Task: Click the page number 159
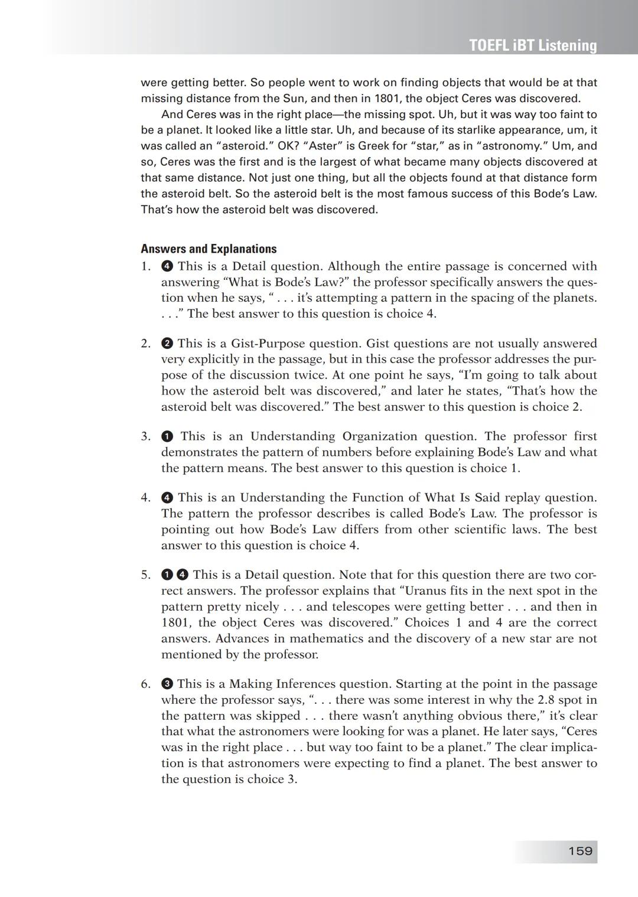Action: pos(580,851)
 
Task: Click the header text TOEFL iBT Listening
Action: pos(533,45)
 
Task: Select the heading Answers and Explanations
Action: pos(209,249)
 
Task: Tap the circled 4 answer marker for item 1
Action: pos(167,266)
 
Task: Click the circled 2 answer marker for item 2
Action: pos(167,344)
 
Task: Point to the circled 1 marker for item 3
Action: pos(167,436)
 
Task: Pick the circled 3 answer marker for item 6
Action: pos(167,684)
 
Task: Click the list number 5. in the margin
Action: pos(146,575)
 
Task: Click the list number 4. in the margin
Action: pos(146,498)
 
